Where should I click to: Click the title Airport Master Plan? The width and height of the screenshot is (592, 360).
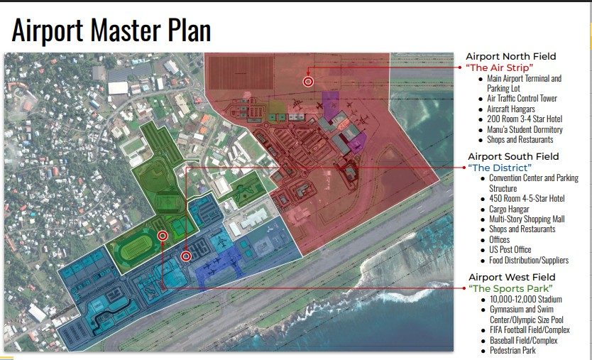coord(111,31)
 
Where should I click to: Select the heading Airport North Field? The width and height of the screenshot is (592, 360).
coord(510,56)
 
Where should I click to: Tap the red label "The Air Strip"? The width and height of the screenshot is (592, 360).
coord(500,67)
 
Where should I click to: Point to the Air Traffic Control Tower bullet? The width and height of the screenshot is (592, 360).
coord(522,99)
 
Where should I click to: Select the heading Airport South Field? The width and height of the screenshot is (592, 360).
coord(512,156)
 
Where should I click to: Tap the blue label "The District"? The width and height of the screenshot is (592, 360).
coord(500,168)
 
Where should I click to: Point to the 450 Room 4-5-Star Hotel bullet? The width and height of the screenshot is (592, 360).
coord(528,199)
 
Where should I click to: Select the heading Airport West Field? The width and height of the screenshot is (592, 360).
coord(511,277)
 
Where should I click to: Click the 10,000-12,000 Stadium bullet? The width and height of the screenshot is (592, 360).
coord(525,299)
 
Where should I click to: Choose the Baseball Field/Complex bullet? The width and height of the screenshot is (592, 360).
coord(524,340)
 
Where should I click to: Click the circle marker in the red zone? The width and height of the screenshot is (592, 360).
coord(308,82)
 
